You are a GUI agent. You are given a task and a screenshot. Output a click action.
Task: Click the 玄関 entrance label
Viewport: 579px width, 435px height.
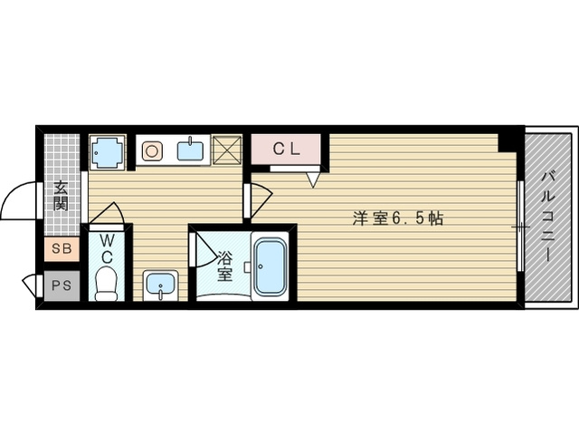61,196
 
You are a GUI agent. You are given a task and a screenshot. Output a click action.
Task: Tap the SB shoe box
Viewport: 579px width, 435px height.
61,247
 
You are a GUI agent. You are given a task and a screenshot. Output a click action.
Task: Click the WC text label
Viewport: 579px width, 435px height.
107,247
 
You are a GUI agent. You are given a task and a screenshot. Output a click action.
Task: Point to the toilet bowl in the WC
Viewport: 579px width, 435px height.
107,285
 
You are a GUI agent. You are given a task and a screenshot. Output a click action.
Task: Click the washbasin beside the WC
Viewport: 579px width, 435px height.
160,285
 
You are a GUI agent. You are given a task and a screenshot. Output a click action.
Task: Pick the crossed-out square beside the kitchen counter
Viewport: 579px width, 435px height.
226,150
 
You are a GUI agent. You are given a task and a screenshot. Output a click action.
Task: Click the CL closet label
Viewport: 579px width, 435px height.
287,148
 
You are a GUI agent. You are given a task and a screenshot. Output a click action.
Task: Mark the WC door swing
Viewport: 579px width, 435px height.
107,214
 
